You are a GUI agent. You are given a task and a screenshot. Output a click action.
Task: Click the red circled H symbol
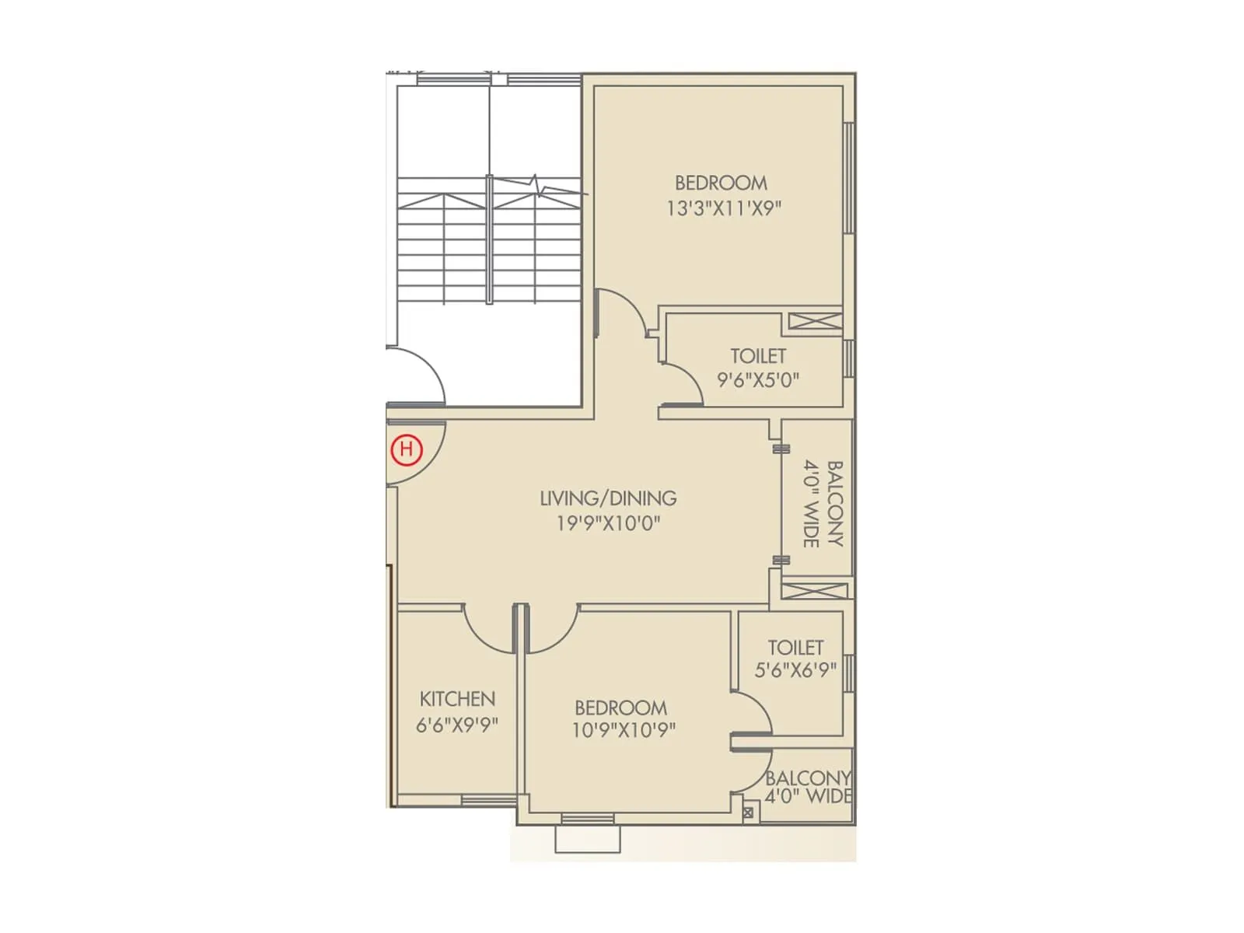tap(406, 449)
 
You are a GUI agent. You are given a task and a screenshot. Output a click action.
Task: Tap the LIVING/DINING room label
tap(608, 498)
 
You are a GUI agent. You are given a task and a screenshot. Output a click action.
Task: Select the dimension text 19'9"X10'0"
tap(608, 523)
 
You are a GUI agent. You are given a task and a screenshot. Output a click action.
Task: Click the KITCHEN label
tap(457, 698)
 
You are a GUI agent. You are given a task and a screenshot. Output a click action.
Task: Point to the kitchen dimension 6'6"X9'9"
tap(457, 725)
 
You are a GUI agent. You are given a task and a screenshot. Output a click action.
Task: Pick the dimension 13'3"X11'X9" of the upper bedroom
tap(723, 208)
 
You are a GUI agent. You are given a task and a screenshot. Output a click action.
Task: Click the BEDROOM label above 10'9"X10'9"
tap(620, 708)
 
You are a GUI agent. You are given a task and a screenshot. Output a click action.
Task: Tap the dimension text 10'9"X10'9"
tap(624, 731)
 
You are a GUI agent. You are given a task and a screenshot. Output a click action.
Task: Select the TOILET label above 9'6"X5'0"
tap(758, 356)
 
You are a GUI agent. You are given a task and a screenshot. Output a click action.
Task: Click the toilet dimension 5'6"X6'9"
tap(795, 669)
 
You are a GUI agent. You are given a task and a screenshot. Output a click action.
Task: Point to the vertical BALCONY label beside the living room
tap(834, 504)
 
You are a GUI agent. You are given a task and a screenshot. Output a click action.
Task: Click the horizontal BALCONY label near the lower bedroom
tap(808, 778)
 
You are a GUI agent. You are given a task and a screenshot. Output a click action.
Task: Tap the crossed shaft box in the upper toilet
tap(815, 321)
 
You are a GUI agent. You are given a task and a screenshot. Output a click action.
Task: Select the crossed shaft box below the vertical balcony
tap(814, 589)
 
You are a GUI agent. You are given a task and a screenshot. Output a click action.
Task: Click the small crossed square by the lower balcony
tap(748, 812)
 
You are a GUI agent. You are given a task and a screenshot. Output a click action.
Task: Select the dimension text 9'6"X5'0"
tap(758, 380)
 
